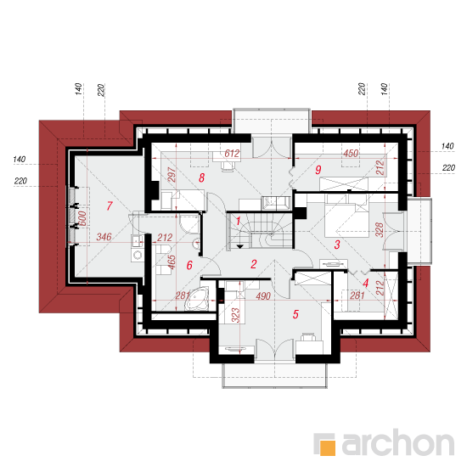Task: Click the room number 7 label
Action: coord(110,205)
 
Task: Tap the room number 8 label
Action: coord(201,177)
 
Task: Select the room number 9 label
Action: coord(318,170)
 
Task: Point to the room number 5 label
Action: coord(295,314)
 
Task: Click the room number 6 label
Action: coord(189,265)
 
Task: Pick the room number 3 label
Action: coord(337,245)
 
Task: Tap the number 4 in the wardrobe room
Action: coord(366,283)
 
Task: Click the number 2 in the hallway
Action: coord(254,264)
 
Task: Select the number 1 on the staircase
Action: coord(239,221)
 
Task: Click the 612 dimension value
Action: coord(232,154)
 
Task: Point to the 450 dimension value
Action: coord(351,154)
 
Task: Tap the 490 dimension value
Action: coord(263,295)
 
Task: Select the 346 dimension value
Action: coord(104,237)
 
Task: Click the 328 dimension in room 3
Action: coord(380,229)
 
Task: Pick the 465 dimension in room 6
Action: coord(172,262)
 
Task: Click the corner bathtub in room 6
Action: coord(197,299)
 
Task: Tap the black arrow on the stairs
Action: coord(240,246)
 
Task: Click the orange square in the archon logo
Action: coord(328,447)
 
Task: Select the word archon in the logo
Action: coord(398,442)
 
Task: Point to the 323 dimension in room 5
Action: coord(235,315)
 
